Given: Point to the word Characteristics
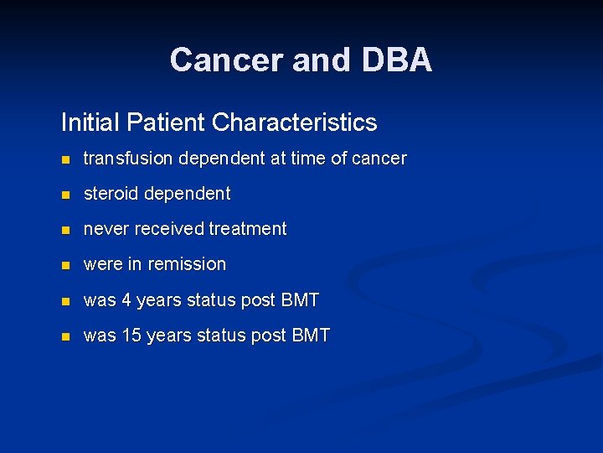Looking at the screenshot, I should point(294,122).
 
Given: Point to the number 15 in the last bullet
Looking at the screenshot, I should point(131,336).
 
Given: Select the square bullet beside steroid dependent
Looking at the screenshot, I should point(66,195).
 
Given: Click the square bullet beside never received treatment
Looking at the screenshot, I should point(66,230).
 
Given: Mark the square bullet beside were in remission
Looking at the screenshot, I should point(66,265).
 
